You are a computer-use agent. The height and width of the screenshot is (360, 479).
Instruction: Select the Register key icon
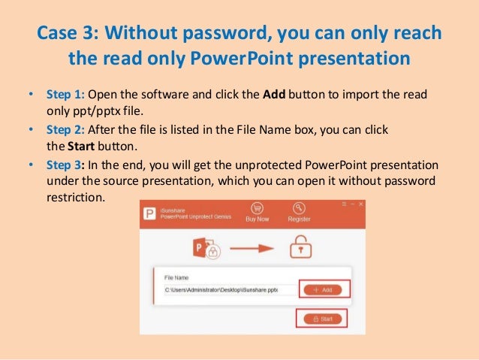[300, 207]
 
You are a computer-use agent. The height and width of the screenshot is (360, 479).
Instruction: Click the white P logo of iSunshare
[150, 213]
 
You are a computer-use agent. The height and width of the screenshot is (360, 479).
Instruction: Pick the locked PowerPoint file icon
[205, 245]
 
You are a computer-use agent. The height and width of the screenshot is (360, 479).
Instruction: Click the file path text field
[222, 289]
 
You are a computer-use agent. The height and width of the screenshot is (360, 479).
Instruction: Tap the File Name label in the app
[177, 277]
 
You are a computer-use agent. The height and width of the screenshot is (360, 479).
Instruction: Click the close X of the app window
[360, 204]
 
